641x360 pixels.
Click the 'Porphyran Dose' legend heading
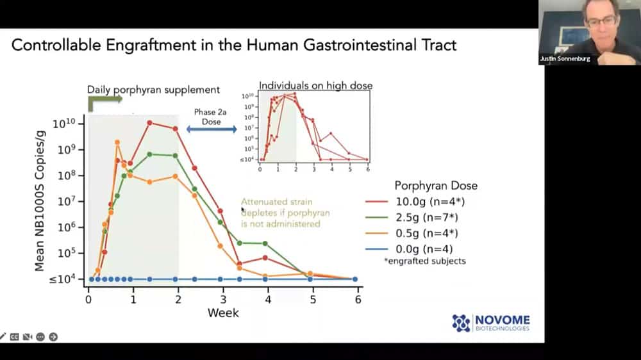[435, 186]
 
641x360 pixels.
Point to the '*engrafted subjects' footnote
[426, 261]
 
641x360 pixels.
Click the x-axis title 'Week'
[223, 313]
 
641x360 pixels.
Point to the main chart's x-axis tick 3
[223, 299]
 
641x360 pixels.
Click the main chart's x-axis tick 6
[358, 299]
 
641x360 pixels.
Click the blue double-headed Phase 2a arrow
[212, 130]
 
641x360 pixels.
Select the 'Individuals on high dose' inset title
[315, 85]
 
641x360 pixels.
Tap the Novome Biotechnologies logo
[491, 323]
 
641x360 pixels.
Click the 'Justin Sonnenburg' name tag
[564, 60]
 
